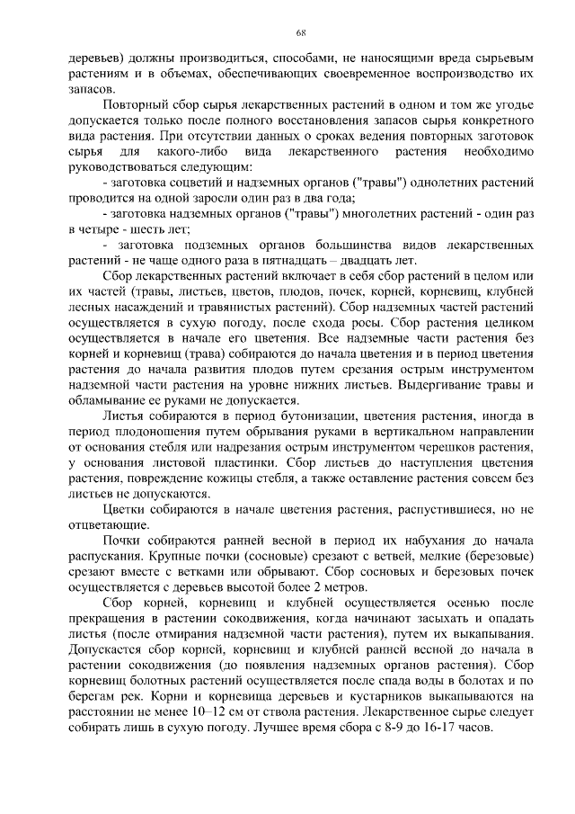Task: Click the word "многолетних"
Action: [393, 213]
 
